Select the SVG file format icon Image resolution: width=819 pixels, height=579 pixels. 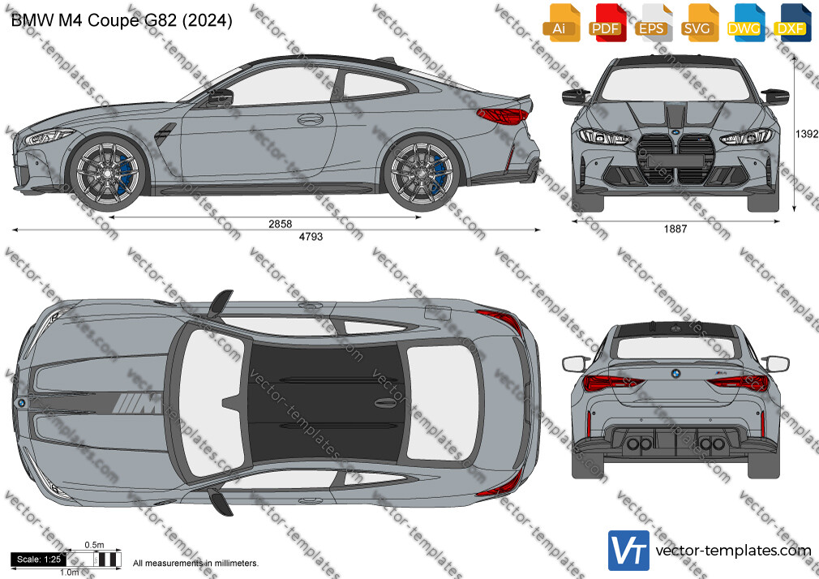[697, 23]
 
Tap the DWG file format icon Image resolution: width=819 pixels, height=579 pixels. [744, 23]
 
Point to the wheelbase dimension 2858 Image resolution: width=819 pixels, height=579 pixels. [280, 224]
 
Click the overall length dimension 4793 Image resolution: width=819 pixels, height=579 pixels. [311, 237]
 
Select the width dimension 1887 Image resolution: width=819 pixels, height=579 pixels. [675, 229]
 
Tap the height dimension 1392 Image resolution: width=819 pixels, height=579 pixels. [807, 134]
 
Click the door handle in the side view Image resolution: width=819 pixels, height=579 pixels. [311, 119]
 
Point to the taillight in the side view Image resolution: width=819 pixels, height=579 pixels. [503, 116]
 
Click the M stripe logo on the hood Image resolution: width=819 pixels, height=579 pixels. [137, 403]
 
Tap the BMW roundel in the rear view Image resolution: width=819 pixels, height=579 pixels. [675, 374]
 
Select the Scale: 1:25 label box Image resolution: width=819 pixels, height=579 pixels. [39, 560]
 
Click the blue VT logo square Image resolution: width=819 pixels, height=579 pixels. [629, 551]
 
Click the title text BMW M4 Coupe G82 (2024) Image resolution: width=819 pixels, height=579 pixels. [122, 20]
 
